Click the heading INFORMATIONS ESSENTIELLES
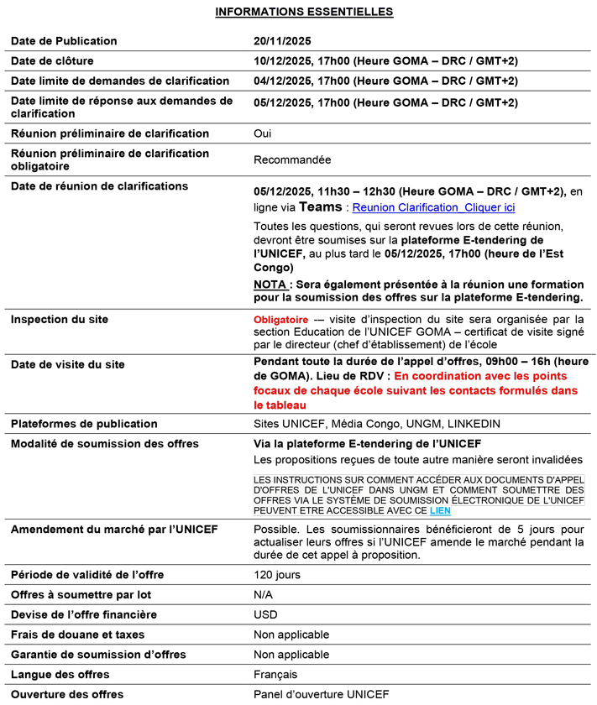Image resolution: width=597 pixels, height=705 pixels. [304, 12]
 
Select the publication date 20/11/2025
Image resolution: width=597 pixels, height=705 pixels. [282, 41]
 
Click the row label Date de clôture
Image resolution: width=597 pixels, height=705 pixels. [52, 61]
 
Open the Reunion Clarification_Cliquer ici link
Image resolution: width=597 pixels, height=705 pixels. [433, 207]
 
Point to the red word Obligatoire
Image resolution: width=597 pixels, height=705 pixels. [280, 320]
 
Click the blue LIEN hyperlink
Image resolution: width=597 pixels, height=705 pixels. [440, 509]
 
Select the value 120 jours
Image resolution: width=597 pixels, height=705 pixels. [276, 575]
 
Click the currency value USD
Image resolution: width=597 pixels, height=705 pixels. [265, 615]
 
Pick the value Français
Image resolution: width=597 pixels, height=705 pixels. [275, 675]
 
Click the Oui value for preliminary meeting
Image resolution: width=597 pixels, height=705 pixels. [263, 133]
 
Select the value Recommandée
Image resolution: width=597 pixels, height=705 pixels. [292, 159]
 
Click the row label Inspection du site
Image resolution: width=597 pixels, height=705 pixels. [60, 320]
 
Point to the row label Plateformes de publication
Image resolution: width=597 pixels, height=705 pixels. [84, 424]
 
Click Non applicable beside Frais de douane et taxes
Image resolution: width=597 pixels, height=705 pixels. [291, 634]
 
